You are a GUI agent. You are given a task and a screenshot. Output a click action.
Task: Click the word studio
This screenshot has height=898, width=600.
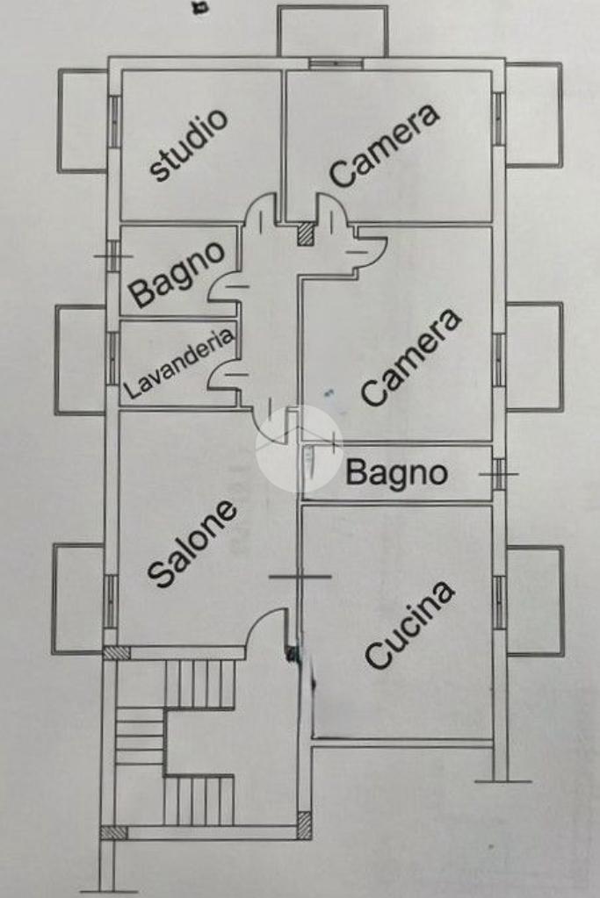pyautogui.click(x=189, y=145)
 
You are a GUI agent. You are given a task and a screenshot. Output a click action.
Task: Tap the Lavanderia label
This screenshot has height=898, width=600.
pyautogui.click(x=180, y=363)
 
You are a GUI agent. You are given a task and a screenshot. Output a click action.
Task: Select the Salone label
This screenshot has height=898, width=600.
pyautogui.click(x=192, y=543)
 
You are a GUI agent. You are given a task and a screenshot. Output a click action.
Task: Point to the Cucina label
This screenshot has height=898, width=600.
pyautogui.click(x=409, y=624)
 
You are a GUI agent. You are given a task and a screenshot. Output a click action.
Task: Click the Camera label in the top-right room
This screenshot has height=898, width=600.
pyautogui.click(x=384, y=145)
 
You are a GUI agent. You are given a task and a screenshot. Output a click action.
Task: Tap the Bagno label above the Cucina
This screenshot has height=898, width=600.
pyautogui.click(x=396, y=473)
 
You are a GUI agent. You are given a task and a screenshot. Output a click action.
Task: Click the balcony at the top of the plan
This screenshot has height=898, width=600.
pyautogui.click(x=332, y=32)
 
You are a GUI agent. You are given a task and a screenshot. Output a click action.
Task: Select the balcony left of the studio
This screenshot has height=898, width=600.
pyautogui.click(x=83, y=120)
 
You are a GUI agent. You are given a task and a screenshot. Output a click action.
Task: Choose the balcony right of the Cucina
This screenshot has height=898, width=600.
pyautogui.click(x=535, y=600)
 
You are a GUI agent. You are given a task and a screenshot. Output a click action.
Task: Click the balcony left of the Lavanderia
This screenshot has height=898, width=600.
pyautogui.click(x=80, y=359)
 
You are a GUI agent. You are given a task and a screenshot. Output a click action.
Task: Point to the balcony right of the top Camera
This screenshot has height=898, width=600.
pyautogui.click(x=534, y=114)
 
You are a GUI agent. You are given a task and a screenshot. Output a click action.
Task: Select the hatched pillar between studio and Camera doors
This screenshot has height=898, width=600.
pyautogui.click(x=305, y=233)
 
